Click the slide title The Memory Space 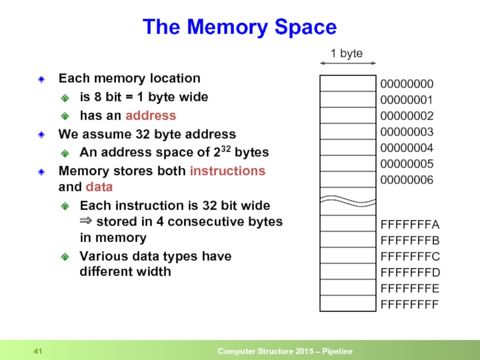(239, 27)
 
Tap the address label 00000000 (406, 83)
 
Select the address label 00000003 (406, 131)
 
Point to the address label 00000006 (406, 179)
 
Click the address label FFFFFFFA (410, 225)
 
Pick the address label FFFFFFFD (410, 272)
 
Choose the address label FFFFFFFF (410, 304)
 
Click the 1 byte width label (347, 53)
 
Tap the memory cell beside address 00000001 (347, 99)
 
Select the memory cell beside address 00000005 (347, 163)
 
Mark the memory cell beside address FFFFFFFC (347, 256)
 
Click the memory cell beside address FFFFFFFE (347, 287)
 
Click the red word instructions (227, 171)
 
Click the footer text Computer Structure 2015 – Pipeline (284, 351)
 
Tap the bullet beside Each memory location (41, 79)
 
